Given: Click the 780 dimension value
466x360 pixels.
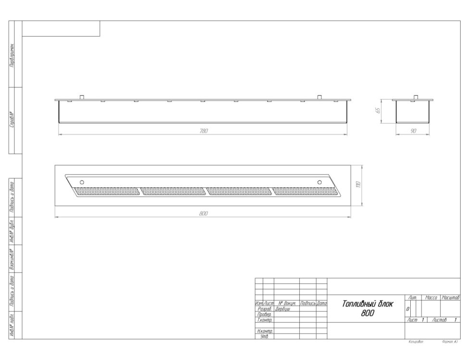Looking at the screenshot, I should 203,131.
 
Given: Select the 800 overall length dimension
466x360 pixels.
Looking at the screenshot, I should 203,213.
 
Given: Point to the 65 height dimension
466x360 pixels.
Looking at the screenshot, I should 378,111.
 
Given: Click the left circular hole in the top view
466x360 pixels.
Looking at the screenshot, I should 82,182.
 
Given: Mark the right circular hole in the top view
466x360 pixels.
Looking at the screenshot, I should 319,182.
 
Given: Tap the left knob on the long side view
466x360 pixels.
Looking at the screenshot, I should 82,97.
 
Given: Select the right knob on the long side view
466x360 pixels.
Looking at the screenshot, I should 319,97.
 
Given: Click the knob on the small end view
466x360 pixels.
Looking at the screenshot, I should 413,97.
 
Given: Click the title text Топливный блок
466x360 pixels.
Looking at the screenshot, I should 367,304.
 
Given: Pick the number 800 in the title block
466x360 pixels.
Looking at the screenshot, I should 368,313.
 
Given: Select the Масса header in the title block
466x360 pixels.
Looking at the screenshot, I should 431,298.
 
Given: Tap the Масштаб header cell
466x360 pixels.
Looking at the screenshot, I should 451,298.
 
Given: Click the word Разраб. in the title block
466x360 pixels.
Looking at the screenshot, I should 265,309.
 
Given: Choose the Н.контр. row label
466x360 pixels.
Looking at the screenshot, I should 265,331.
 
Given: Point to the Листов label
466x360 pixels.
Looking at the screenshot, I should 440,320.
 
